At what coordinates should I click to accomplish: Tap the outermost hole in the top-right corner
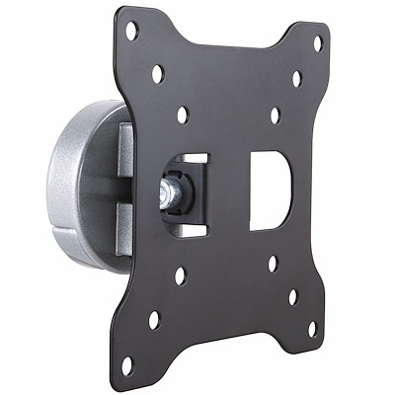[x=318, y=43]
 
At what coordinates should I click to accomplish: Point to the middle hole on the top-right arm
[x=296, y=78]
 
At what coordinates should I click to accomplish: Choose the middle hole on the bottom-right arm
[x=293, y=295]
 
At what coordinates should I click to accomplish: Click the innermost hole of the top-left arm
[x=183, y=115]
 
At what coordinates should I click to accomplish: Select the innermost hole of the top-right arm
[x=275, y=116]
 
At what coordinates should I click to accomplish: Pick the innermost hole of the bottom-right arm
[x=272, y=264]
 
